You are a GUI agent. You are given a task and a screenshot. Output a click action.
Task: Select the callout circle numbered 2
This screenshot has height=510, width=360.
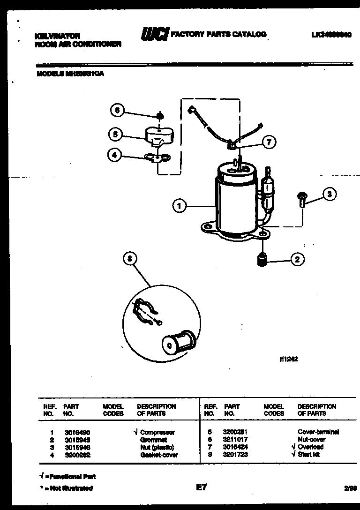click(297, 259)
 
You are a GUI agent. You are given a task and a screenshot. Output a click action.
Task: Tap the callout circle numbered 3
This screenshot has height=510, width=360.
click(330, 195)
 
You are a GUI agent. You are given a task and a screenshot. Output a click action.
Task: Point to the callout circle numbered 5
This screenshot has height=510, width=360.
click(114, 135)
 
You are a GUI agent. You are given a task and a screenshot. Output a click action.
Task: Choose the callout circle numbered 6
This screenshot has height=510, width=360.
click(118, 111)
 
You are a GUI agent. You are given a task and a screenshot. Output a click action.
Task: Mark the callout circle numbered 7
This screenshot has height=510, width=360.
click(269, 142)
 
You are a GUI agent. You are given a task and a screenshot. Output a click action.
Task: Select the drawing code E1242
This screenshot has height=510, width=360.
click(289, 360)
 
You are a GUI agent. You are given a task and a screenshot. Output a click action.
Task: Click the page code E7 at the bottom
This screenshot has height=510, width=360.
click(201, 487)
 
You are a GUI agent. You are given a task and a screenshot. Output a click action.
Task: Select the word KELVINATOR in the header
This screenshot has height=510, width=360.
click(58, 36)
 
